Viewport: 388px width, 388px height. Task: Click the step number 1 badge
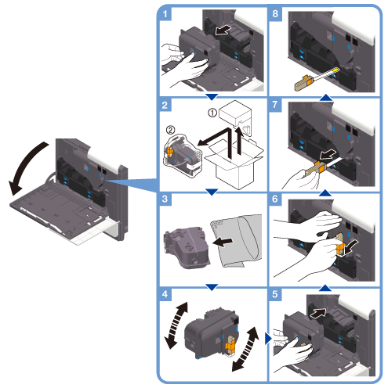(165, 13)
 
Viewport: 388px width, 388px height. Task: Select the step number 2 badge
(165, 105)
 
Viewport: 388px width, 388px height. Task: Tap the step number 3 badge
(165, 199)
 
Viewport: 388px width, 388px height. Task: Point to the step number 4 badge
(165, 294)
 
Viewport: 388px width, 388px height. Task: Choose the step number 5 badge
(275, 294)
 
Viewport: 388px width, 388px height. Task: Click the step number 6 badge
(275, 199)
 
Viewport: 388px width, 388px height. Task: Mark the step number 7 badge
(275, 105)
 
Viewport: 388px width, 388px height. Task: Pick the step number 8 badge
(275, 13)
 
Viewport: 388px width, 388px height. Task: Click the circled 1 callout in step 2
(212, 113)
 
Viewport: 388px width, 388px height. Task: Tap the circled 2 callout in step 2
(171, 130)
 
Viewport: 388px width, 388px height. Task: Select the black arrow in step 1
(223, 31)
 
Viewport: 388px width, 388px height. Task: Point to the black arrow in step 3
(223, 242)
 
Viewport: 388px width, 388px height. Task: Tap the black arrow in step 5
(318, 313)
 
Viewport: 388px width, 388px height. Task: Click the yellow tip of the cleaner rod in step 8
(335, 70)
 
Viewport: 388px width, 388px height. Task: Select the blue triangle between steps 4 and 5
(268, 338)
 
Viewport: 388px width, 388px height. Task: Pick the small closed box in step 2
(235, 114)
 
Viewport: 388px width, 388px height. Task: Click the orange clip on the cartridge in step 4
(230, 347)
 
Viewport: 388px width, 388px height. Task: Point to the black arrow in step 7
(328, 154)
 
